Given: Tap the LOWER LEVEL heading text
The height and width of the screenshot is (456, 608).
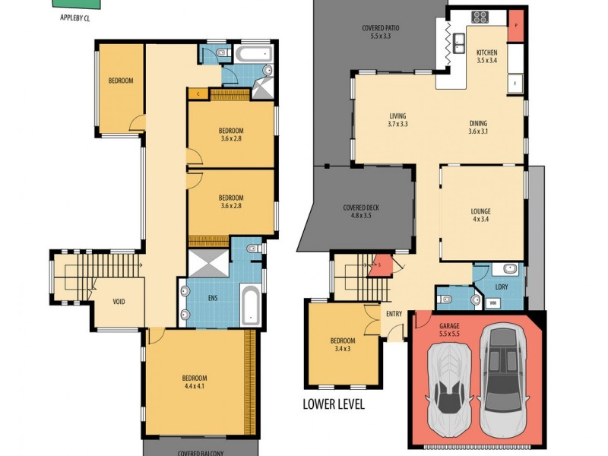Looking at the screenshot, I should click(x=334, y=404).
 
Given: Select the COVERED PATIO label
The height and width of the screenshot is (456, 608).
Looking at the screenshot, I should click(x=380, y=31).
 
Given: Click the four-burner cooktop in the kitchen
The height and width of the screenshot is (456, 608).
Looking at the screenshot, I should click(x=480, y=16).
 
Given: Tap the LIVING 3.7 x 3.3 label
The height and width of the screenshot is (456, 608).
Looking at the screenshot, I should click(x=397, y=119).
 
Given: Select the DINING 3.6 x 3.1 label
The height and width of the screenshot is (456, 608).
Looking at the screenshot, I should click(x=478, y=127).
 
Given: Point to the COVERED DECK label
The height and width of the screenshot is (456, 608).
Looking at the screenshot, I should click(x=361, y=211).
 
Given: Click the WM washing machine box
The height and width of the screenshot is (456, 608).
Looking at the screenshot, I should click(x=493, y=303).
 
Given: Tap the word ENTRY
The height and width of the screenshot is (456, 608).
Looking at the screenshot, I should click(x=394, y=313).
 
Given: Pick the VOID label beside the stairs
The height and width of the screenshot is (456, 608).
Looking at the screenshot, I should click(x=119, y=302).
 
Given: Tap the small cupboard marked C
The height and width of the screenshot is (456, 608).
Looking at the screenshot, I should click(x=198, y=94).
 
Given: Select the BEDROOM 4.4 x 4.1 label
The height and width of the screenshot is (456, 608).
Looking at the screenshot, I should click(x=194, y=382).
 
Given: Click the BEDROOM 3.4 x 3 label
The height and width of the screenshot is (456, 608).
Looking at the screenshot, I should click(x=341, y=345).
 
